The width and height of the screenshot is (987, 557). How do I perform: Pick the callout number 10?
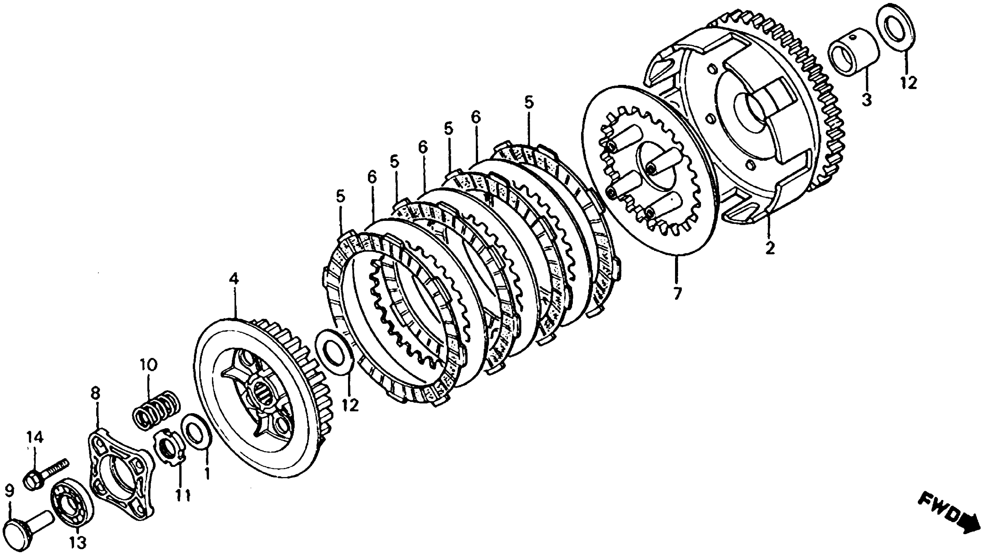coord(148,364)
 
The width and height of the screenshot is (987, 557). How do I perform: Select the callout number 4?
coord(234,278)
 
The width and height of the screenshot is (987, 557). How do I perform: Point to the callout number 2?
coord(770,247)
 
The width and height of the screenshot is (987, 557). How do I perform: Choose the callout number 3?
coord(866,100)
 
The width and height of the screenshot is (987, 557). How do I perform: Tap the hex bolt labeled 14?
coord(44,474)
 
